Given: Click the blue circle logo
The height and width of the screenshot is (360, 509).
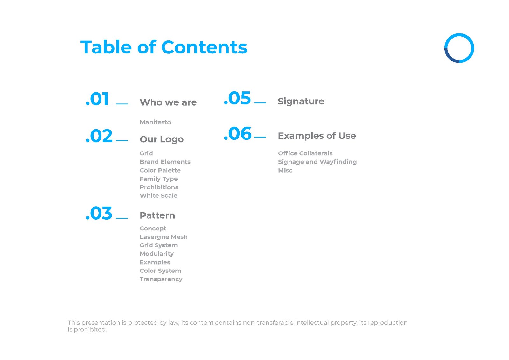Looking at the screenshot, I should [459, 48].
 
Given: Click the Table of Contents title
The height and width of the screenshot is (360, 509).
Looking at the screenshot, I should [164, 47].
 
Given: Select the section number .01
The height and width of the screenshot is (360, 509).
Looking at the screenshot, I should [98, 99].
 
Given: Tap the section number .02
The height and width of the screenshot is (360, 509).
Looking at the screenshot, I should [99, 136].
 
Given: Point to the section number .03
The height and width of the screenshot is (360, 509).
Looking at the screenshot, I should [99, 213].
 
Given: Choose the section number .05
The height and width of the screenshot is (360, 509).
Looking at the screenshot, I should [237, 98].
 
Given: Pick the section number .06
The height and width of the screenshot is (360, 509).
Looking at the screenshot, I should [238, 134].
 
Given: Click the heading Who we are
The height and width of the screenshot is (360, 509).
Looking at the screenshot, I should [168, 102].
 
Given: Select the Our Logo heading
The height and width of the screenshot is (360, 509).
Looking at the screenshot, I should [162, 139].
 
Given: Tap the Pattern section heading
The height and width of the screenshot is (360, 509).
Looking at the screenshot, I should [157, 215].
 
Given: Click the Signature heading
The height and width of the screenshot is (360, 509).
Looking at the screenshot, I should [301, 101].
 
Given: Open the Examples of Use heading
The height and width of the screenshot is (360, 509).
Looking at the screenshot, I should [317, 136].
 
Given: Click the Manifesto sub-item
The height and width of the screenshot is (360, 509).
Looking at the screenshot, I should [155, 122].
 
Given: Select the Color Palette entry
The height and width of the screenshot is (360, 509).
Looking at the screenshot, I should [160, 170].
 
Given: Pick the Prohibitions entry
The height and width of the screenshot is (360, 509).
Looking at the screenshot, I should [159, 187].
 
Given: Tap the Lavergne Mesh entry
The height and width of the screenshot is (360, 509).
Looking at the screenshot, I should [164, 237].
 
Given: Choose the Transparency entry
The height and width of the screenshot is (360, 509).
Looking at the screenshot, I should [161, 279].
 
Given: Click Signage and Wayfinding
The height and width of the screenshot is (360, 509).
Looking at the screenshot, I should [317, 162].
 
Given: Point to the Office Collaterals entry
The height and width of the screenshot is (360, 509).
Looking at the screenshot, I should [305, 153].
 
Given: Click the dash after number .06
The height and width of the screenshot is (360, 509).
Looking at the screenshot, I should [260, 137].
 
